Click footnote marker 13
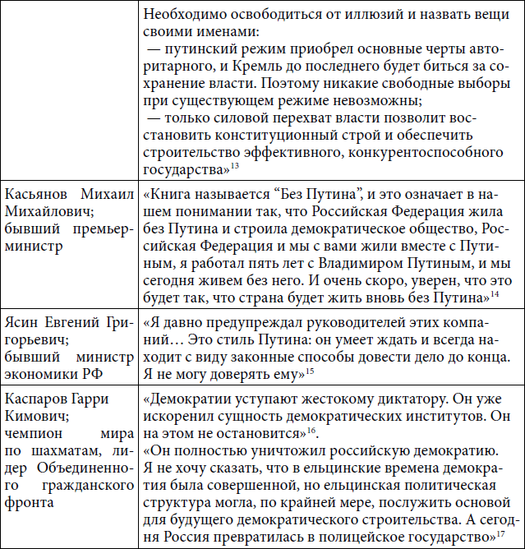[x=234, y=167]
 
